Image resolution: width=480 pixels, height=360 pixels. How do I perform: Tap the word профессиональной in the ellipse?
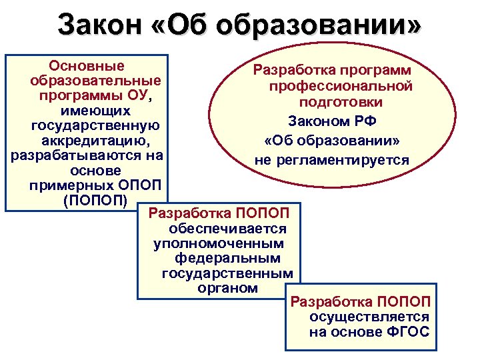tap(341, 87)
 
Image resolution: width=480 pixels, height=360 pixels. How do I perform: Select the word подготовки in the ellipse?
tap(341, 103)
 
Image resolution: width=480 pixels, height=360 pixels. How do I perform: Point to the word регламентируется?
tap(355, 161)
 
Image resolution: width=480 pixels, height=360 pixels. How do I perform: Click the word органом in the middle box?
tap(227, 288)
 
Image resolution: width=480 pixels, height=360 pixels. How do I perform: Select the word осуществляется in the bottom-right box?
tap(369, 317)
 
